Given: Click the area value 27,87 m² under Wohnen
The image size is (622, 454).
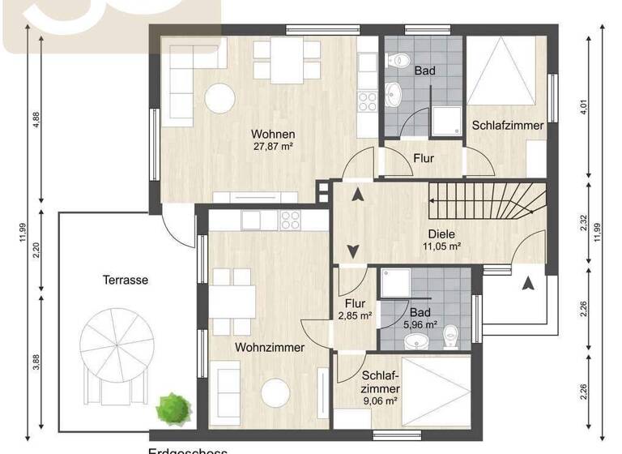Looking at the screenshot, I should coord(272,147).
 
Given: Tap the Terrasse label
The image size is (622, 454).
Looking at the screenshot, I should coord(126,280).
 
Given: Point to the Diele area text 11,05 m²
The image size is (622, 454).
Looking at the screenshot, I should coord(442,246).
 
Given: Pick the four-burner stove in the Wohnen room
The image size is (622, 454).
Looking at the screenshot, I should coord(368,101).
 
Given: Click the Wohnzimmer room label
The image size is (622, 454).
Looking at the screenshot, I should coord(270,348).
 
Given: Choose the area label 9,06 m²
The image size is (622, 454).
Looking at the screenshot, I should coord(380,400).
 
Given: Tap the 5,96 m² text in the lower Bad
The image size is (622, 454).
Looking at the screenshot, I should coord(420,325).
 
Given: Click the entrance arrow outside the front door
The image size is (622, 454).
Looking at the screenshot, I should coord(527,284).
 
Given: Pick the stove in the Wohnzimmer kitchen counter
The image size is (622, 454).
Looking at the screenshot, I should coord(290,220).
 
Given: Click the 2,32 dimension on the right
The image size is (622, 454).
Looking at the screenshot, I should coord(583,223).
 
